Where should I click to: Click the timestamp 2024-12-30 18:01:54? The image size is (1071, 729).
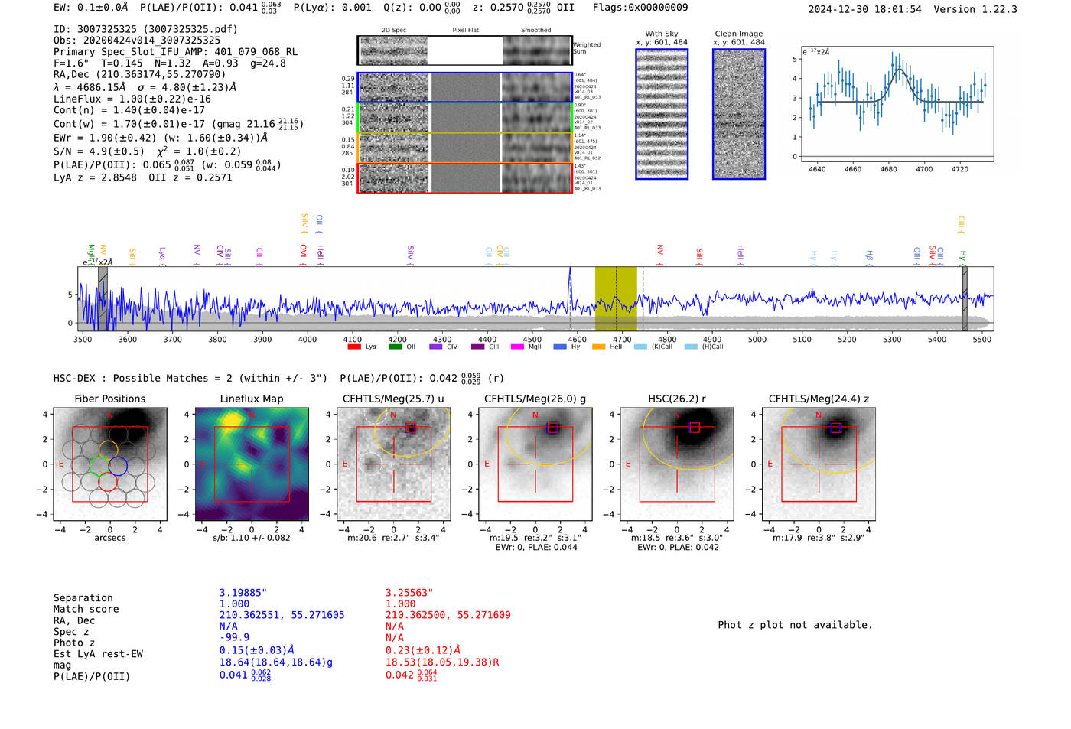point(864,9)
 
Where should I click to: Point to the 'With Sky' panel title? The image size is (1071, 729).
point(661,34)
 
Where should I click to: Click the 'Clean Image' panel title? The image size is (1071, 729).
point(738,34)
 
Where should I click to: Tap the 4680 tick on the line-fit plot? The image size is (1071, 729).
point(888,169)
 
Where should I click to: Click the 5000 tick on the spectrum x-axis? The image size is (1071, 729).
point(757,340)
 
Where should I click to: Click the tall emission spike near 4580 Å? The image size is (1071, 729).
point(570,275)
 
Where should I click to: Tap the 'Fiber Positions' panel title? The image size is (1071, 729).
point(109,399)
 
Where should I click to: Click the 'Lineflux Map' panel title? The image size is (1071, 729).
point(251,399)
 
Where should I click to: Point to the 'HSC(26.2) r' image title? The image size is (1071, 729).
point(677,399)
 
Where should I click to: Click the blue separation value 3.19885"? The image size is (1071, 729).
point(243,593)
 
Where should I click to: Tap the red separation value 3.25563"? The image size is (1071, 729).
point(409,593)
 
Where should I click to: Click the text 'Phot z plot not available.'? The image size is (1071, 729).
point(795,625)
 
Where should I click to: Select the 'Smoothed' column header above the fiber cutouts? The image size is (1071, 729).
point(535,31)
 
